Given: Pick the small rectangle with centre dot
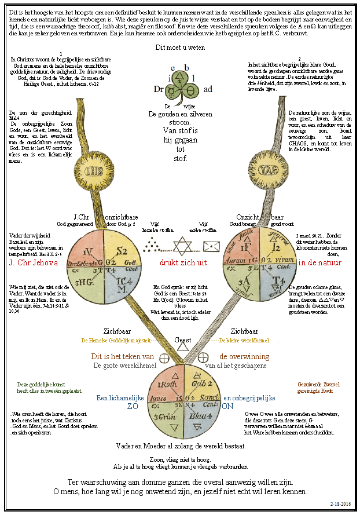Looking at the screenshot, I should pos(212,246).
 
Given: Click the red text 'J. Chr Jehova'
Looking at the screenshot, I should pos(34,263).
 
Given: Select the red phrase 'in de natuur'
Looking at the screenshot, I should pos(319,263).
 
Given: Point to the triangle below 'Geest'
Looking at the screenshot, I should pos(183,348).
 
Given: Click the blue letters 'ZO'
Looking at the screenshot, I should pos(133,406).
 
